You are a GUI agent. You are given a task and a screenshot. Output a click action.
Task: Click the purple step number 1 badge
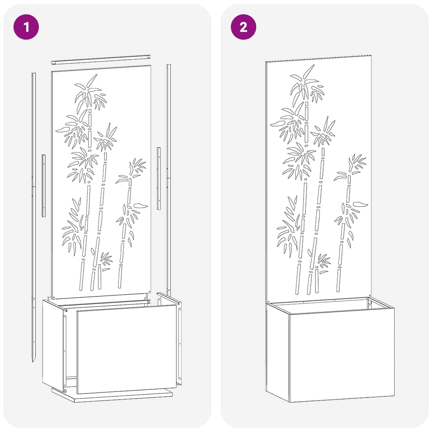point(26,27)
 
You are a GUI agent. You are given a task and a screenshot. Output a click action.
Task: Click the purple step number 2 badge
point(243,27)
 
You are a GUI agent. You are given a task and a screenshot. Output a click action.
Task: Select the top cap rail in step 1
point(101,59)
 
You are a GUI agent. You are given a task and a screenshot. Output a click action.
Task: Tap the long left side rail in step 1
point(33,209)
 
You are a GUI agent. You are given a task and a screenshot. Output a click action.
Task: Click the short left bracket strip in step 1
point(44,186)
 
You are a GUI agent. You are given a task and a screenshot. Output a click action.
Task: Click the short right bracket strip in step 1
point(159,178)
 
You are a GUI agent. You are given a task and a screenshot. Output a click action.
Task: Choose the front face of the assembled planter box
point(341,356)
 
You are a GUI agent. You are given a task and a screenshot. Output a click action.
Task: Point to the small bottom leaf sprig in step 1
point(106,260)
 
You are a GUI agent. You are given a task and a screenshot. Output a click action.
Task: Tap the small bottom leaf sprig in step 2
point(323,263)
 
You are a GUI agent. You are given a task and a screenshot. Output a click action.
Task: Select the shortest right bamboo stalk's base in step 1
point(120,281)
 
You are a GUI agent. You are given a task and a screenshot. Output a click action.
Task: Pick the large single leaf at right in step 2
point(360,204)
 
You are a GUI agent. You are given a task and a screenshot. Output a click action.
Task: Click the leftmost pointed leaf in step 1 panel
point(61,130)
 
